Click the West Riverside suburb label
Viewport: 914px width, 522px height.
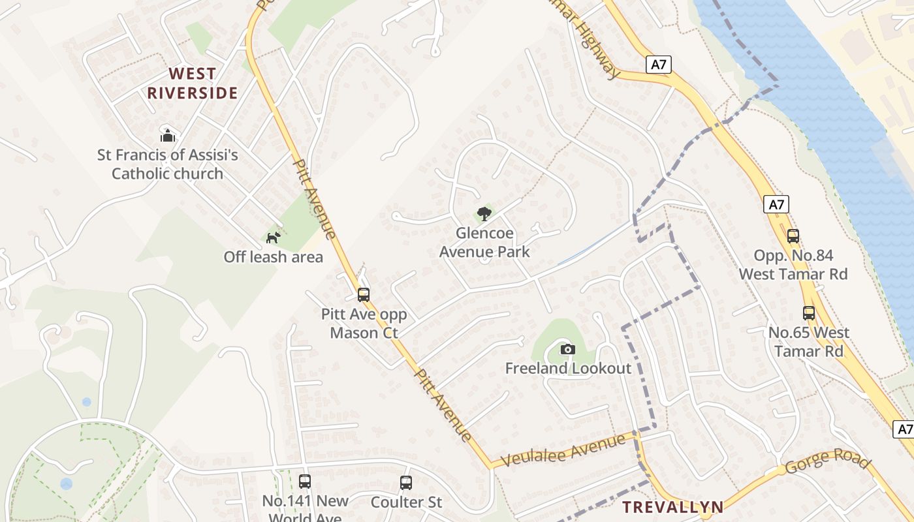point(192,83)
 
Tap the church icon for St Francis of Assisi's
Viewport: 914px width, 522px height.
point(168,136)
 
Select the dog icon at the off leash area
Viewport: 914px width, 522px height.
point(274,238)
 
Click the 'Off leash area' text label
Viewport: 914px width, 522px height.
point(273,257)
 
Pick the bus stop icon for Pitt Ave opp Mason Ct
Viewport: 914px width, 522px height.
point(364,295)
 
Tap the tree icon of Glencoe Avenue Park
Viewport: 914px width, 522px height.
point(484,213)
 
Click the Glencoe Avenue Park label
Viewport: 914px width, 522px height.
point(484,242)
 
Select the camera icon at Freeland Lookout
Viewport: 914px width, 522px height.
point(568,349)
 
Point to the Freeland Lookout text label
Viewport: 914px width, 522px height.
point(568,368)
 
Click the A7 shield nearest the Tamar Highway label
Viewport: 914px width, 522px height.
point(659,64)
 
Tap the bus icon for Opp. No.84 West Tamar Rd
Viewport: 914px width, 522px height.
point(793,236)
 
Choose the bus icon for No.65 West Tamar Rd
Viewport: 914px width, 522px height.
point(809,313)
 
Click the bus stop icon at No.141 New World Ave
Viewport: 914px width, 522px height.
point(305,482)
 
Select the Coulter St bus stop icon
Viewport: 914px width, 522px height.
point(406,483)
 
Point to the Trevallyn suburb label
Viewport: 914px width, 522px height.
point(672,507)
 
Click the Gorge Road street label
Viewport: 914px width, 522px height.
point(828,461)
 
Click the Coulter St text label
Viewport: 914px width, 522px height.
point(406,502)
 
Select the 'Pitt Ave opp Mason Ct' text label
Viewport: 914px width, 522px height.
point(364,324)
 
